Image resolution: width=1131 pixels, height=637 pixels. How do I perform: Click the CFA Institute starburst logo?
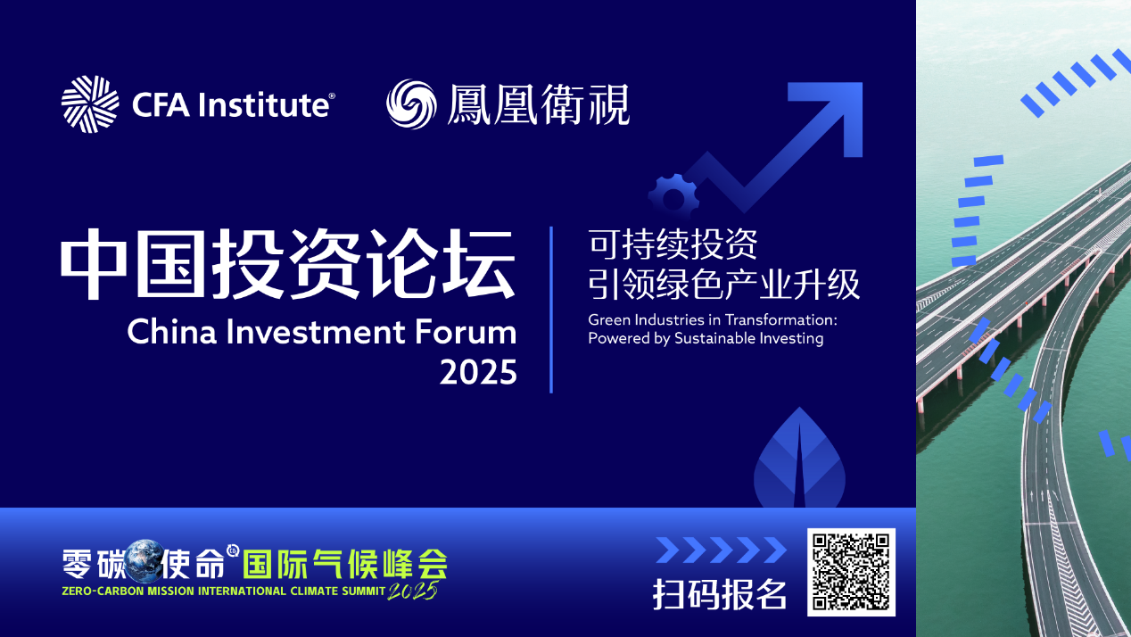(x=90, y=104)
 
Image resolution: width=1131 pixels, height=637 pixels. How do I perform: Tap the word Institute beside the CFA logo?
(x=263, y=104)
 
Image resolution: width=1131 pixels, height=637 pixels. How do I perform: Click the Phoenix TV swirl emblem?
(x=411, y=104)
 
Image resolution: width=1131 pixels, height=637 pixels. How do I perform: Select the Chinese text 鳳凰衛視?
(x=538, y=104)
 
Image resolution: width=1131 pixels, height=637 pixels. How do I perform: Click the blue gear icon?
(x=673, y=198)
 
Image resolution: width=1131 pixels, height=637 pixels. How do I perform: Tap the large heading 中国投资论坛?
(x=288, y=263)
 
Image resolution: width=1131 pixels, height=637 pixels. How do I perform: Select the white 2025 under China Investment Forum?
(x=478, y=372)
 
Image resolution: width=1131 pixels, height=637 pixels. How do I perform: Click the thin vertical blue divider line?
(x=551, y=310)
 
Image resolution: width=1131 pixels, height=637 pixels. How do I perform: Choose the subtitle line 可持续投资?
(x=673, y=244)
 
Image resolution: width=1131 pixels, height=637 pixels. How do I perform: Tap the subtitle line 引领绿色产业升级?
(x=724, y=284)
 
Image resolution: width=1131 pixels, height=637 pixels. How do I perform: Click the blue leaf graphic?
(x=799, y=458)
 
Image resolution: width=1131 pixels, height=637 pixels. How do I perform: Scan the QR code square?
(x=851, y=573)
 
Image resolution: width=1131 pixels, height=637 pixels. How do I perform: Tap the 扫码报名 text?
(x=720, y=594)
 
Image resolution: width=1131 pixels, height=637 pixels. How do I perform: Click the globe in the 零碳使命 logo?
(x=144, y=560)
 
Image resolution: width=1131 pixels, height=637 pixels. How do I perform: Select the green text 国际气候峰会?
(x=345, y=563)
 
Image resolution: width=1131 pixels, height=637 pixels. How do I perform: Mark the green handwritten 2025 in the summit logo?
(x=412, y=591)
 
